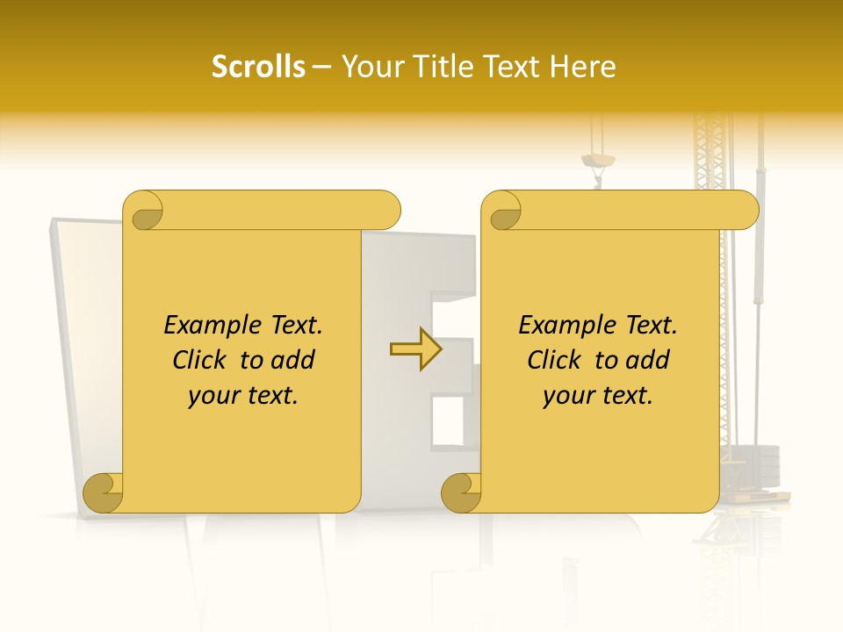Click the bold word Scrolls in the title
click(x=258, y=67)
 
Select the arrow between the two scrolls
click(x=415, y=348)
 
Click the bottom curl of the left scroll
click(x=103, y=492)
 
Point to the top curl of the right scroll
click(x=502, y=212)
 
